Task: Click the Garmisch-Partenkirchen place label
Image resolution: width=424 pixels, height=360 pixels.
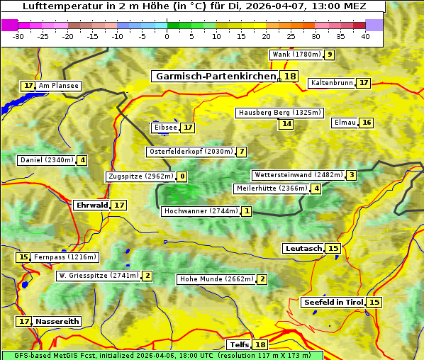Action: point(215,77)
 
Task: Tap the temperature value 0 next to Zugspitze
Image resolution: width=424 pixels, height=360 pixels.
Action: point(182,176)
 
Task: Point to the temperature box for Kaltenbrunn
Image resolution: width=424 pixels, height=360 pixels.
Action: point(363,83)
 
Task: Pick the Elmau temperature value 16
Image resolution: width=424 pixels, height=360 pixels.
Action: point(366,123)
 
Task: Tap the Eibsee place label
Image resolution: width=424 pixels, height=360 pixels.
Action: point(165,128)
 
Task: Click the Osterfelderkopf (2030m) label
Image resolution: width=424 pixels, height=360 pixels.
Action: point(190,152)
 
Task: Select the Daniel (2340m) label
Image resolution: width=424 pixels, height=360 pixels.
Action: point(46,160)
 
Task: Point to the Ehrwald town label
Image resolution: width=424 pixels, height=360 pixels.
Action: point(91,205)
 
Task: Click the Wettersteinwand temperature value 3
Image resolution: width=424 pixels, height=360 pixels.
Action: point(351,175)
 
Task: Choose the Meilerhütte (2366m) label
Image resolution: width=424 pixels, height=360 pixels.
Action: point(272,189)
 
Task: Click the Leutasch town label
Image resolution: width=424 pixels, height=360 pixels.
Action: point(303,248)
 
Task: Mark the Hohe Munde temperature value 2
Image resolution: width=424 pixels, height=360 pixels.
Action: point(262,279)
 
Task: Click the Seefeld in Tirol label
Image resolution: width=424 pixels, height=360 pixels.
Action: point(333,302)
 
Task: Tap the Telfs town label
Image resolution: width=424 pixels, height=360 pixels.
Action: point(239,345)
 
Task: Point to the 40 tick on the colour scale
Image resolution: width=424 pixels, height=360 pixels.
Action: point(365,36)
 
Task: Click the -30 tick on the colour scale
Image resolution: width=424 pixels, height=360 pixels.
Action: point(18,36)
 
